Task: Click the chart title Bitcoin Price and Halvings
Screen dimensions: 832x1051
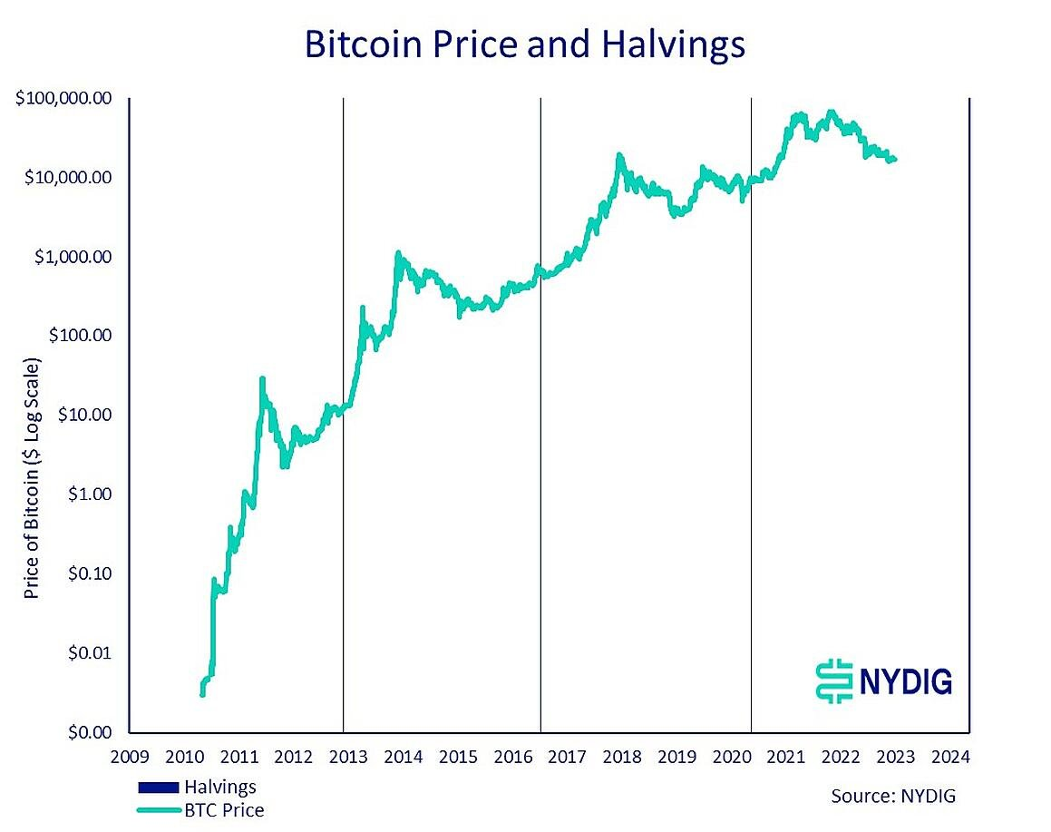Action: tap(525, 44)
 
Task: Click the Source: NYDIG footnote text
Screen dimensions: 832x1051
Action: tap(893, 796)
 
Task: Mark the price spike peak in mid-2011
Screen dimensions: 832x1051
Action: tap(262, 378)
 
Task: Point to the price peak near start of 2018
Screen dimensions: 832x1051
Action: tap(619, 155)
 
